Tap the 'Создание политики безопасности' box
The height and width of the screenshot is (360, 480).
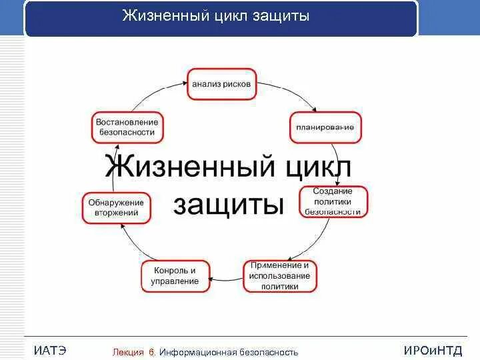pos(331,201)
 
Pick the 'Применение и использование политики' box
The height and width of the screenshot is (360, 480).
pos(280,276)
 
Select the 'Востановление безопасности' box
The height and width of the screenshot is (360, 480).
pos(127,127)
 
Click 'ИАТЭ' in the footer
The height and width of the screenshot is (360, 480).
pos(50,351)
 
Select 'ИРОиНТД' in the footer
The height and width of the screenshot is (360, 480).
pos(433,351)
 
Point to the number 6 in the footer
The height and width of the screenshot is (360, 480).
pos(152,352)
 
